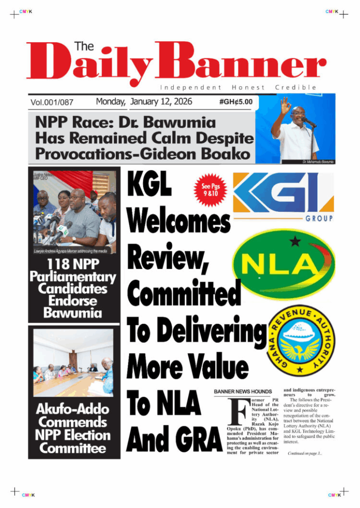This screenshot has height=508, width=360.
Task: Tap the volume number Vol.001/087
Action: (x=52, y=103)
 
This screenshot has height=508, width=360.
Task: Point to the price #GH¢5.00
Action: (x=235, y=102)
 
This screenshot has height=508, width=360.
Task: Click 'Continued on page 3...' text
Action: (x=305, y=453)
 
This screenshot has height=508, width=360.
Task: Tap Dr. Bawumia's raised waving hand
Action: (x=285, y=106)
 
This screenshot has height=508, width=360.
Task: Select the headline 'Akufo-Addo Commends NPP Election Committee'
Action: (x=72, y=429)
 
